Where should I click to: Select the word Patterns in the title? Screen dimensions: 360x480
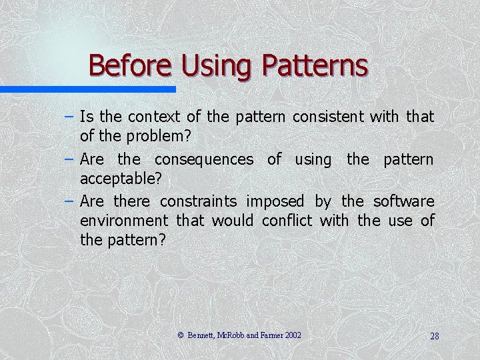[x=315, y=65]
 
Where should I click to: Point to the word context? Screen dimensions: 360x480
[x=154, y=117]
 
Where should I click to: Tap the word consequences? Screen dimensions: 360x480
[x=203, y=159]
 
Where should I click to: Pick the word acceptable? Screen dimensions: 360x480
[x=121, y=178]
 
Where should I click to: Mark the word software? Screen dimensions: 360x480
[x=403, y=201]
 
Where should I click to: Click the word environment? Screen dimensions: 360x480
[x=124, y=220]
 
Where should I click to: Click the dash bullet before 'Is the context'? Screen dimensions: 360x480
[x=69, y=117]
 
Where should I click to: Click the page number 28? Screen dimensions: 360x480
[x=434, y=336]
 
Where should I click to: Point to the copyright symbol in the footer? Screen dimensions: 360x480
[x=181, y=335]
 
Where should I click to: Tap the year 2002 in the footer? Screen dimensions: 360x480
[x=293, y=335]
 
